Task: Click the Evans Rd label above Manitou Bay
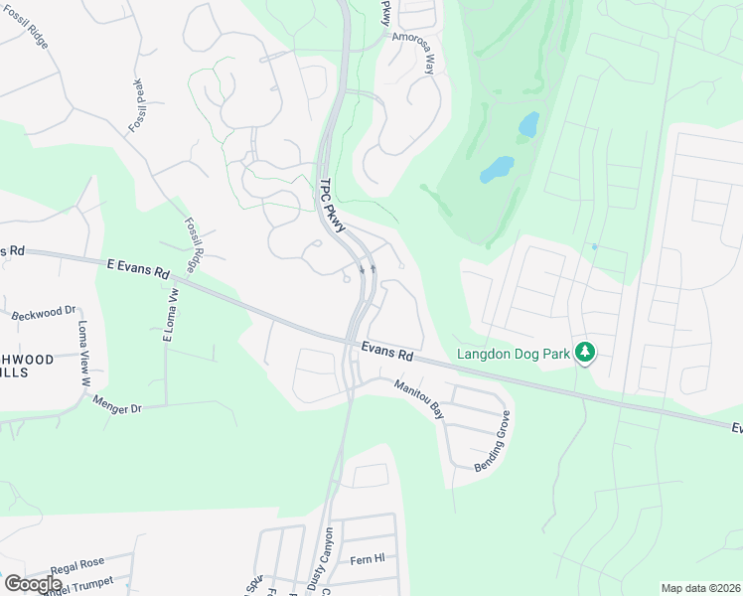click(386, 352)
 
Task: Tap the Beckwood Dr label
click(44, 314)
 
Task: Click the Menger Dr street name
click(117, 404)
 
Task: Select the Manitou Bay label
click(418, 398)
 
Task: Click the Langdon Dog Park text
click(514, 353)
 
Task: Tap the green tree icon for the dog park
click(586, 352)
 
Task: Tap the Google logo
click(33, 583)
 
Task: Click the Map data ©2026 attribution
click(699, 588)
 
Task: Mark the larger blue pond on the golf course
click(497, 170)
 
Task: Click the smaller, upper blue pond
click(528, 124)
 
